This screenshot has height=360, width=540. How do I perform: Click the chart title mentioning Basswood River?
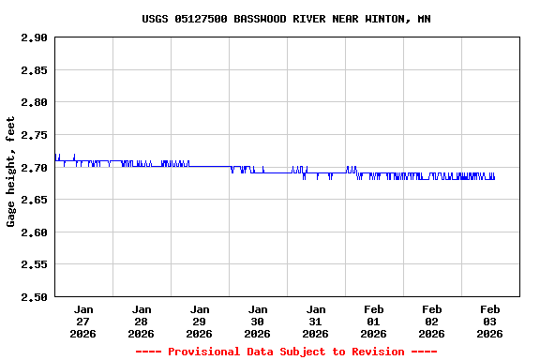tap(286, 19)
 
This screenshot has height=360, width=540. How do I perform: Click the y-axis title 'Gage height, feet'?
tap(11, 172)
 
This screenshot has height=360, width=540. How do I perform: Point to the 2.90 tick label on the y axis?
tap(33, 37)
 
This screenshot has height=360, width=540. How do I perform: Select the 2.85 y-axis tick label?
tap(33, 70)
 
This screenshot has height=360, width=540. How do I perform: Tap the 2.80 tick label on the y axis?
tap(33, 102)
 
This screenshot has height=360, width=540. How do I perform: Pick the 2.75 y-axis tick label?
tap(33, 135)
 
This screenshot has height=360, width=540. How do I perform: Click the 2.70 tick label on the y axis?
tap(33, 168)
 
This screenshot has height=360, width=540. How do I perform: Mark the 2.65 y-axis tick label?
tap(33, 200)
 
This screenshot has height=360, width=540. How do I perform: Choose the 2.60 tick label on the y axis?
tap(33, 232)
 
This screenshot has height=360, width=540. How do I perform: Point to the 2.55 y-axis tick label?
tap(33, 264)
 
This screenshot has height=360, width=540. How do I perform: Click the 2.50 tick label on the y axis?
tap(33, 297)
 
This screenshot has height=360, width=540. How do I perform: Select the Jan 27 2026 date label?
tap(83, 321)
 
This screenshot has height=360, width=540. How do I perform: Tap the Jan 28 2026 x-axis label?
tap(142, 321)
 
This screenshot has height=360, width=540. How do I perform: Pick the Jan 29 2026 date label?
tap(200, 321)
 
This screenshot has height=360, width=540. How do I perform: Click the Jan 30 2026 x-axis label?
tap(258, 321)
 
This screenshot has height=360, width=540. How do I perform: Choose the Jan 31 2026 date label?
tap(316, 321)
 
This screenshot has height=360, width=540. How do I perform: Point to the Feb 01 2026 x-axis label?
tap(374, 321)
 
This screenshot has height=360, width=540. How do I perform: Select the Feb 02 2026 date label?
tap(432, 321)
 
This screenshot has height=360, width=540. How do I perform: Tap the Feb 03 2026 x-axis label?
tap(490, 321)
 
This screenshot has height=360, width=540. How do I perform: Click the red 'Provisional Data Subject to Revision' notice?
tap(286, 352)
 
